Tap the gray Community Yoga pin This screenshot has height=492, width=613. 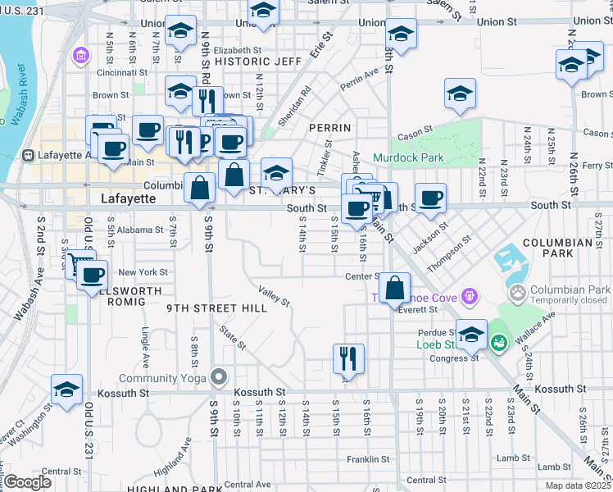(x=218, y=377)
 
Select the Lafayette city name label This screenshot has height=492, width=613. (x=128, y=198)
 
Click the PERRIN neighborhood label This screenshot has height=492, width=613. (x=330, y=128)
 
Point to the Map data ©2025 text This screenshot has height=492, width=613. (x=578, y=486)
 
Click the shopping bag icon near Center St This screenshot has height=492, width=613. (x=395, y=287)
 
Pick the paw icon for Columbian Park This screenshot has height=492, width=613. (x=517, y=291)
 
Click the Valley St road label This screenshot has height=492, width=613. (x=274, y=296)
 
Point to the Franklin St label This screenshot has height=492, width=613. (x=366, y=459)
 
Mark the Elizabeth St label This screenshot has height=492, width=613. (x=215, y=50)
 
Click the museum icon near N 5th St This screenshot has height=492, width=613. (x=81, y=56)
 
